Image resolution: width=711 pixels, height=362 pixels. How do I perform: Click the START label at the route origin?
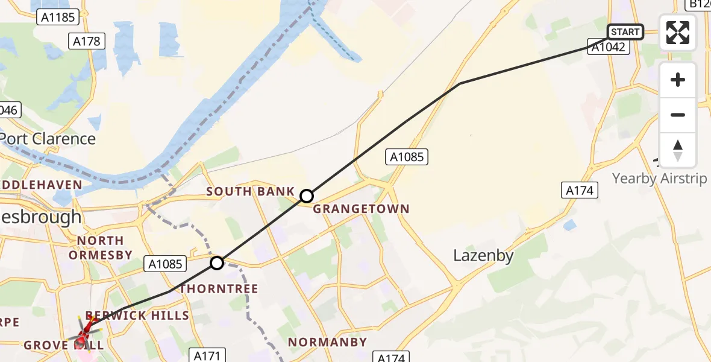(625, 32)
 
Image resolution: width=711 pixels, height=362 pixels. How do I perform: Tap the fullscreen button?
(678, 33)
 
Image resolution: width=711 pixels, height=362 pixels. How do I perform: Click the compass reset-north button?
(678, 150)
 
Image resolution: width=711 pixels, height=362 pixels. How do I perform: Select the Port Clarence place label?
(47, 139)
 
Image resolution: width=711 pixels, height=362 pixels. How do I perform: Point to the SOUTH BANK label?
(251, 191)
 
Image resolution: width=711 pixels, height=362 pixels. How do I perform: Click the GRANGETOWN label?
(362, 209)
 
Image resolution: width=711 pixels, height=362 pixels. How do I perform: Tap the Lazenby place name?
(483, 256)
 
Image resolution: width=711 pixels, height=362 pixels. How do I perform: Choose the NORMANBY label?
(327, 342)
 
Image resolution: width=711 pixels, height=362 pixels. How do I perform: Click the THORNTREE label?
(219, 289)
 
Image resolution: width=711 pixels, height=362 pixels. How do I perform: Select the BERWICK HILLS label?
(137, 315)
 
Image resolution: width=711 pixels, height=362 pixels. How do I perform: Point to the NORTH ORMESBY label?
(100, 247)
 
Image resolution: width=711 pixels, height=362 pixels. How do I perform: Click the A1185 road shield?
(58, 17)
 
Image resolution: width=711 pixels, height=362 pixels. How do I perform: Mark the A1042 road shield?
(609, 47)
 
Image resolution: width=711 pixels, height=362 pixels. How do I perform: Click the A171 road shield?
(206, 355)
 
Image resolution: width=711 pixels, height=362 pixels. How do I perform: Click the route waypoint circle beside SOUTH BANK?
(307, 196)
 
